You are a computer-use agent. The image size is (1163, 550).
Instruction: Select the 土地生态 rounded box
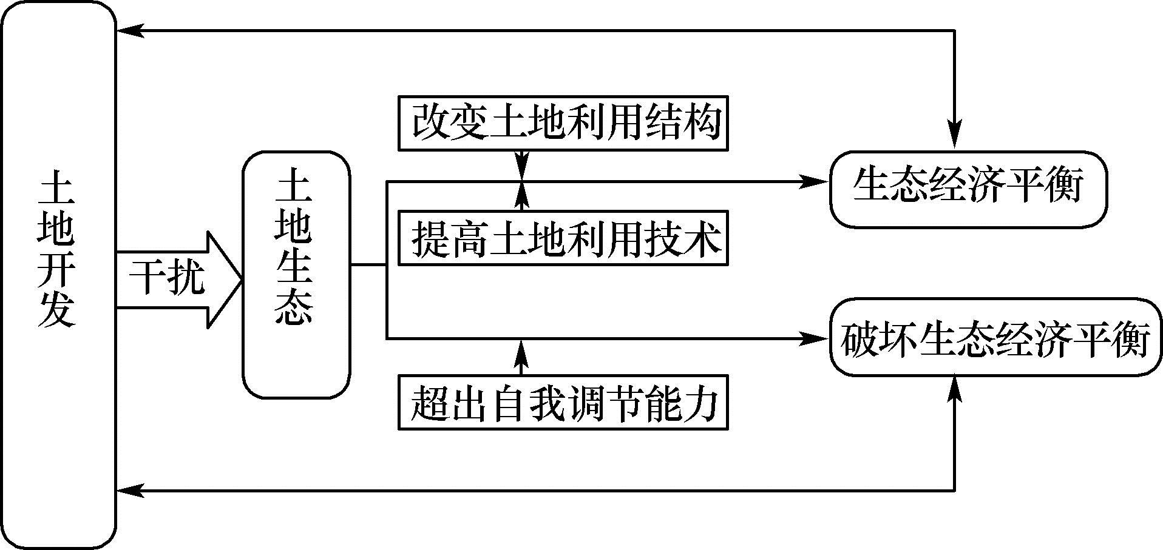(296, 275)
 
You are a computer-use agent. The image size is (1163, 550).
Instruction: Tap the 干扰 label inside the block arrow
(166, 280)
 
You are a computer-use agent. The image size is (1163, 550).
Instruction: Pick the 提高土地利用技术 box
(563, 238)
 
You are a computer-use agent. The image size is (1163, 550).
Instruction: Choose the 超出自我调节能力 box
(563, 403)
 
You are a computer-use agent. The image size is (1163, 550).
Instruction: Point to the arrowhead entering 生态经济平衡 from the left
(816, 181)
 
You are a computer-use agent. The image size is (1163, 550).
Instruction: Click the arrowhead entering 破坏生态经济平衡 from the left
(816, 338)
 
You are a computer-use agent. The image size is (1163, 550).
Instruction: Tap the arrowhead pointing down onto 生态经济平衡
(955, 136)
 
